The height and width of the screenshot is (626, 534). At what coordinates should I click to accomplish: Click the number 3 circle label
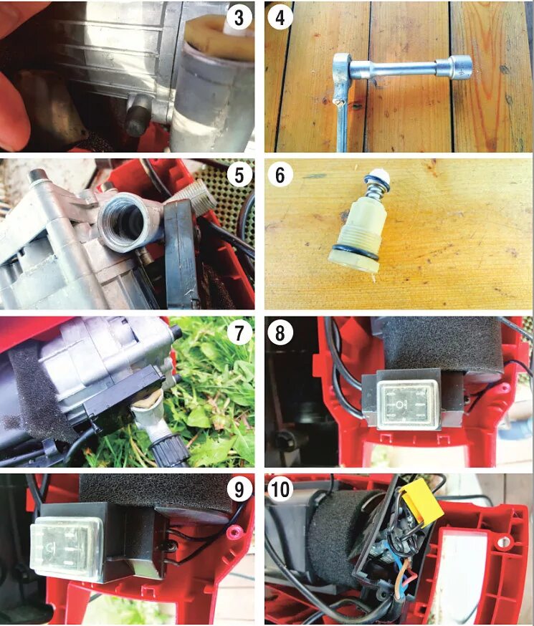[x=239, y=18]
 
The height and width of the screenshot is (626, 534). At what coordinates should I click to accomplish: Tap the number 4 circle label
[x=281, y=18]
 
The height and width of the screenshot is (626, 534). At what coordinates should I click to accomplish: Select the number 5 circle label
[x=239, y=175]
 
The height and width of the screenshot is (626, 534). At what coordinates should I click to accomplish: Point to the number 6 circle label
[x=281, y=175]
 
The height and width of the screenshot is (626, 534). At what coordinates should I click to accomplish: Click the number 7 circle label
[x=239, y=332]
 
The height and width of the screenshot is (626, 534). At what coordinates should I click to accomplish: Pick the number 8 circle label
[x=281, y=332]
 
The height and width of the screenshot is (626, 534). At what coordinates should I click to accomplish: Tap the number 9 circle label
[x=239, y=489]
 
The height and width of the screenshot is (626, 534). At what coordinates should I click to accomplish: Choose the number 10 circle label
[x=281, y=489]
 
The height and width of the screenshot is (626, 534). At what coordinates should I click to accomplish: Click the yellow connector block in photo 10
[x=421, y=503]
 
